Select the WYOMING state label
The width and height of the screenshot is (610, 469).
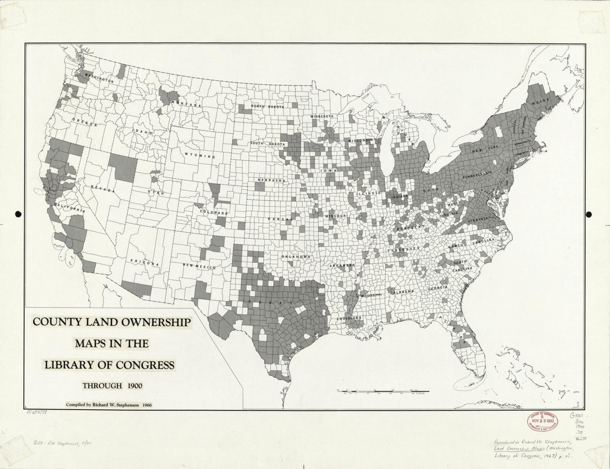click(200, 156)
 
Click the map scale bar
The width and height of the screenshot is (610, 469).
click(383, 392)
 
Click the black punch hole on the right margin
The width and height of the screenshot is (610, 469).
click(589, 214)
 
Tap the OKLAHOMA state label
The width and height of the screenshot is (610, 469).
click(295, 256)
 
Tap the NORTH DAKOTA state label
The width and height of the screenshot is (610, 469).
click(267, 107)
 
